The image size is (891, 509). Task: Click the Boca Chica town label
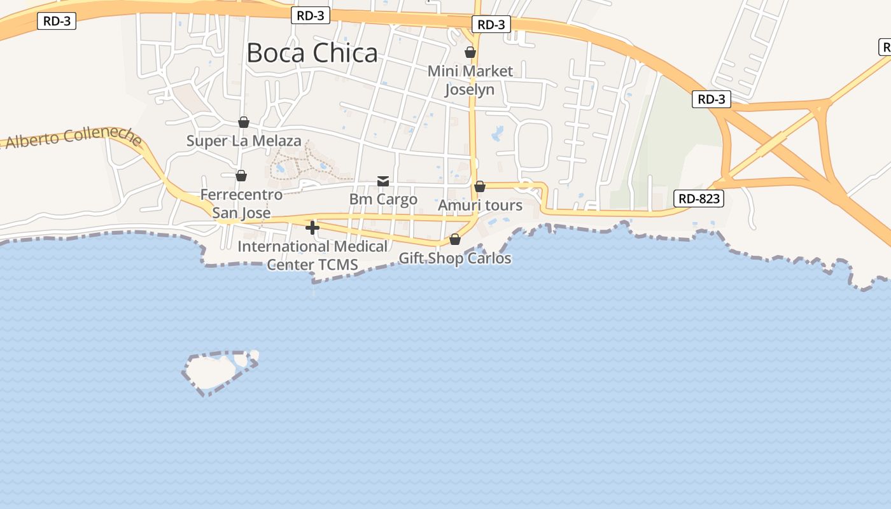[312, 53]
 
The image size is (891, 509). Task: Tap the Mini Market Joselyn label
[470, 80]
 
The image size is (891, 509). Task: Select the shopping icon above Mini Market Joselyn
[470, 52]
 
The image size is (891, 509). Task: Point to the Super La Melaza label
[244, 141]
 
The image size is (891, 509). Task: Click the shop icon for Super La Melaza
[243, 122]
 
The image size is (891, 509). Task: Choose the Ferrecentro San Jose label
[241, 204]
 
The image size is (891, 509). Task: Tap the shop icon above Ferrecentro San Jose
[241, 175]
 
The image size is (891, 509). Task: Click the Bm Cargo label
[383, 199]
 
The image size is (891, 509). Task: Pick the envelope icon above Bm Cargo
[383, 181]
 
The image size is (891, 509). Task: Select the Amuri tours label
[480, 206]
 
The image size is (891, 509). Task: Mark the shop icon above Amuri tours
[480, 186]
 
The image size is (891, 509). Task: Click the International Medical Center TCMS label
[312, 255]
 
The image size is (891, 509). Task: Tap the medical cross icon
[312, 227]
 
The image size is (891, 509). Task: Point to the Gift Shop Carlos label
[454, 258]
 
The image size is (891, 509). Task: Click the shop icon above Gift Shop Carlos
[455, 239]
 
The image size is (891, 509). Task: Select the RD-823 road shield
[698, 199]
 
